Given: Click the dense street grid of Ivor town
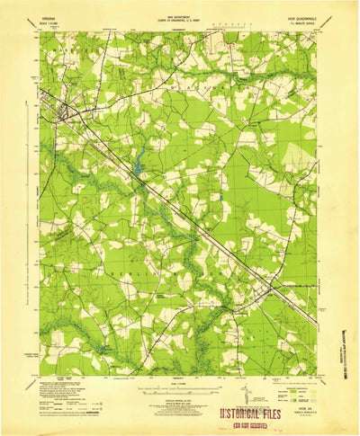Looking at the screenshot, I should coord(65,112).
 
